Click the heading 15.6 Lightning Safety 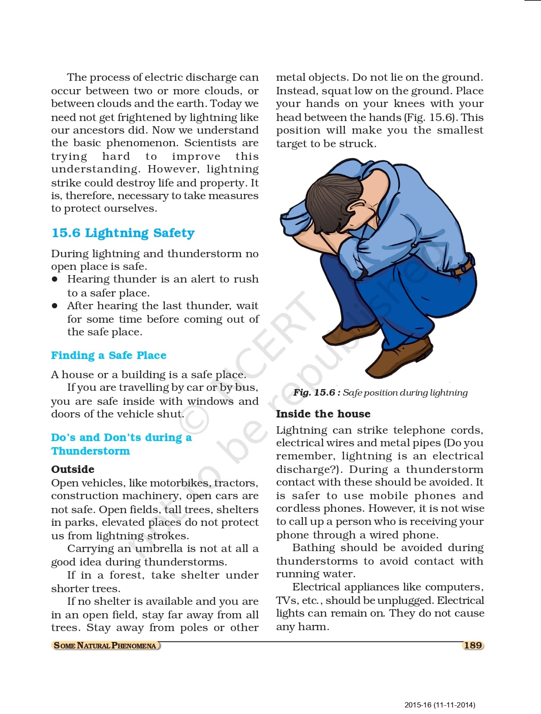tap(123, 233)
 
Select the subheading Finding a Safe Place tap(108, 355)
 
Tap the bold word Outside tap(73, 469)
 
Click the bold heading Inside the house tap(323, 414)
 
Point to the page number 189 tap(473, 645)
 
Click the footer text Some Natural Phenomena tap(105, 645)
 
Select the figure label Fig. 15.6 tap(314, 393)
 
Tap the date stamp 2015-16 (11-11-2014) tap(440, 705)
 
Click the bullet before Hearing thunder tap(55, 279)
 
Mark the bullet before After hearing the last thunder tap(55, 306)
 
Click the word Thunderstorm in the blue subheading tap(90, 451)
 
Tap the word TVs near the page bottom tap(286, 600)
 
